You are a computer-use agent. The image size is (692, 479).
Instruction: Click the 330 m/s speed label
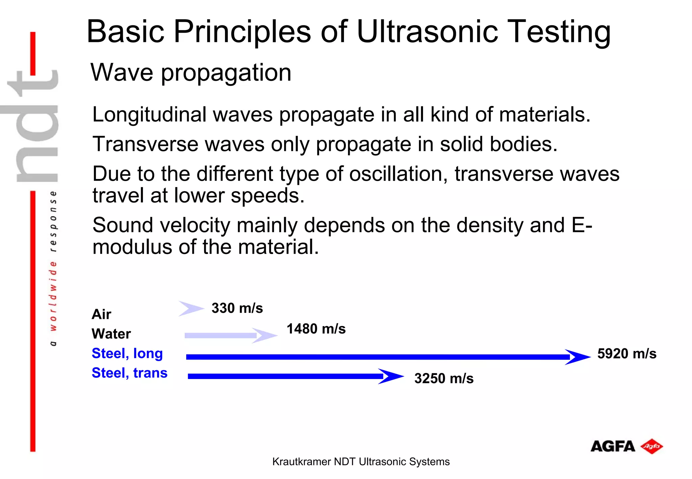click(x=237, y=308)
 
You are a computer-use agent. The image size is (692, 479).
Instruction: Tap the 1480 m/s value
click(x=316, y=329)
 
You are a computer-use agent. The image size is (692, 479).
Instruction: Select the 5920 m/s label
click(x=626, y=354)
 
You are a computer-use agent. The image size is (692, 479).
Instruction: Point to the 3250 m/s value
click(x=444, y=378)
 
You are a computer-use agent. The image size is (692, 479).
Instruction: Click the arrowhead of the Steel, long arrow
click(x=578, y=357)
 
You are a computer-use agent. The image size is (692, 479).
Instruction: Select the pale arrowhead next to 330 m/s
click(x=191, y=308)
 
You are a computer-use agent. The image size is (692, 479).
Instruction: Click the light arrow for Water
click(x=230, y=335)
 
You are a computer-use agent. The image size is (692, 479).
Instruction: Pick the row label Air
click(x=101, y=314)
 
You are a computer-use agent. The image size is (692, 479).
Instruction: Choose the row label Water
click(x=111, y=334)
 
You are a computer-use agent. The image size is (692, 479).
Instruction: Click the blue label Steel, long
click(x=127, y=353)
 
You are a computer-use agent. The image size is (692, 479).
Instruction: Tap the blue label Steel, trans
click(x=129, y=373)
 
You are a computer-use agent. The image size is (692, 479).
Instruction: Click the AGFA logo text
click(x=612, y=447)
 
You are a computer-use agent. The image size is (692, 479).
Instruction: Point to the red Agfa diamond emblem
click(x=652, y=446)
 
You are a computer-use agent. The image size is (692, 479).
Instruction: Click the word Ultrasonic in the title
click(x=427, y=32)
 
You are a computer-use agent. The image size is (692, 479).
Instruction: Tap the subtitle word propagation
click(x=226, y=73)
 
